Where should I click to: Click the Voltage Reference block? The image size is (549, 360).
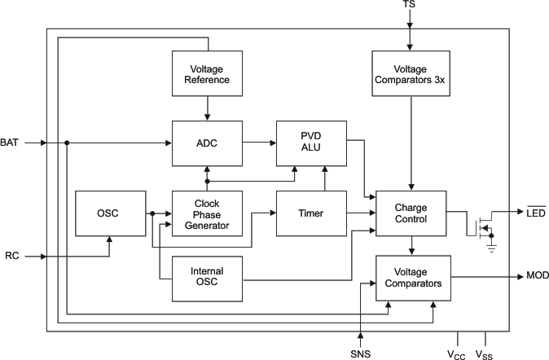[206, 73]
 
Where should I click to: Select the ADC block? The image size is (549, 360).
[206, 143]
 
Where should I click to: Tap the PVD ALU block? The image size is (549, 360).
[312, 143]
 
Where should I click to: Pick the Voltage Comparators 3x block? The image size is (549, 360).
[410, 73]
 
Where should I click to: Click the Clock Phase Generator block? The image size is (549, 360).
[206, 214]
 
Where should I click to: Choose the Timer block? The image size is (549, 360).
[312, 213]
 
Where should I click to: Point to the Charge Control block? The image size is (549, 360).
[411, 213]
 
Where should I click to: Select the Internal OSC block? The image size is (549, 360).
[206, 277]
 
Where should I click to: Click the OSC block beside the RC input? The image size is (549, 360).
[110, 213]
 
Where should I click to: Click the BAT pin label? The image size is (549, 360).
[10, 143]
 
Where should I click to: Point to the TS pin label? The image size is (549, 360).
[409, 6]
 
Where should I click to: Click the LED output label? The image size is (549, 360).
[535, 213]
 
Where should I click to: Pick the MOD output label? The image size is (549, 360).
[537, 276]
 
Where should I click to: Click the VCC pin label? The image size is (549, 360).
[458, 353]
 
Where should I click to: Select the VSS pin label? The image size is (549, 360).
[485, 353]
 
